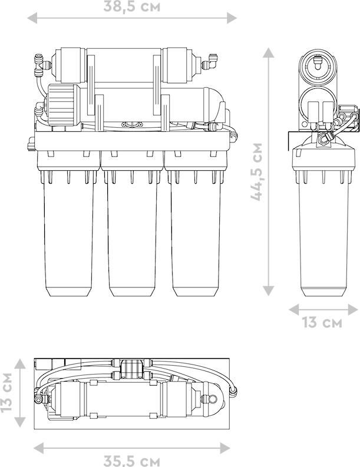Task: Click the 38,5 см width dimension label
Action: [x=132, y=6]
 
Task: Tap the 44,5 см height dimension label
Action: [x=256, y=172]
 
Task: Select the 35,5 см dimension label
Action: [x=132, y=461]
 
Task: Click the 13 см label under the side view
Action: [x=322, y=322]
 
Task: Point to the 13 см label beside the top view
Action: [x=6, y=392]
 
